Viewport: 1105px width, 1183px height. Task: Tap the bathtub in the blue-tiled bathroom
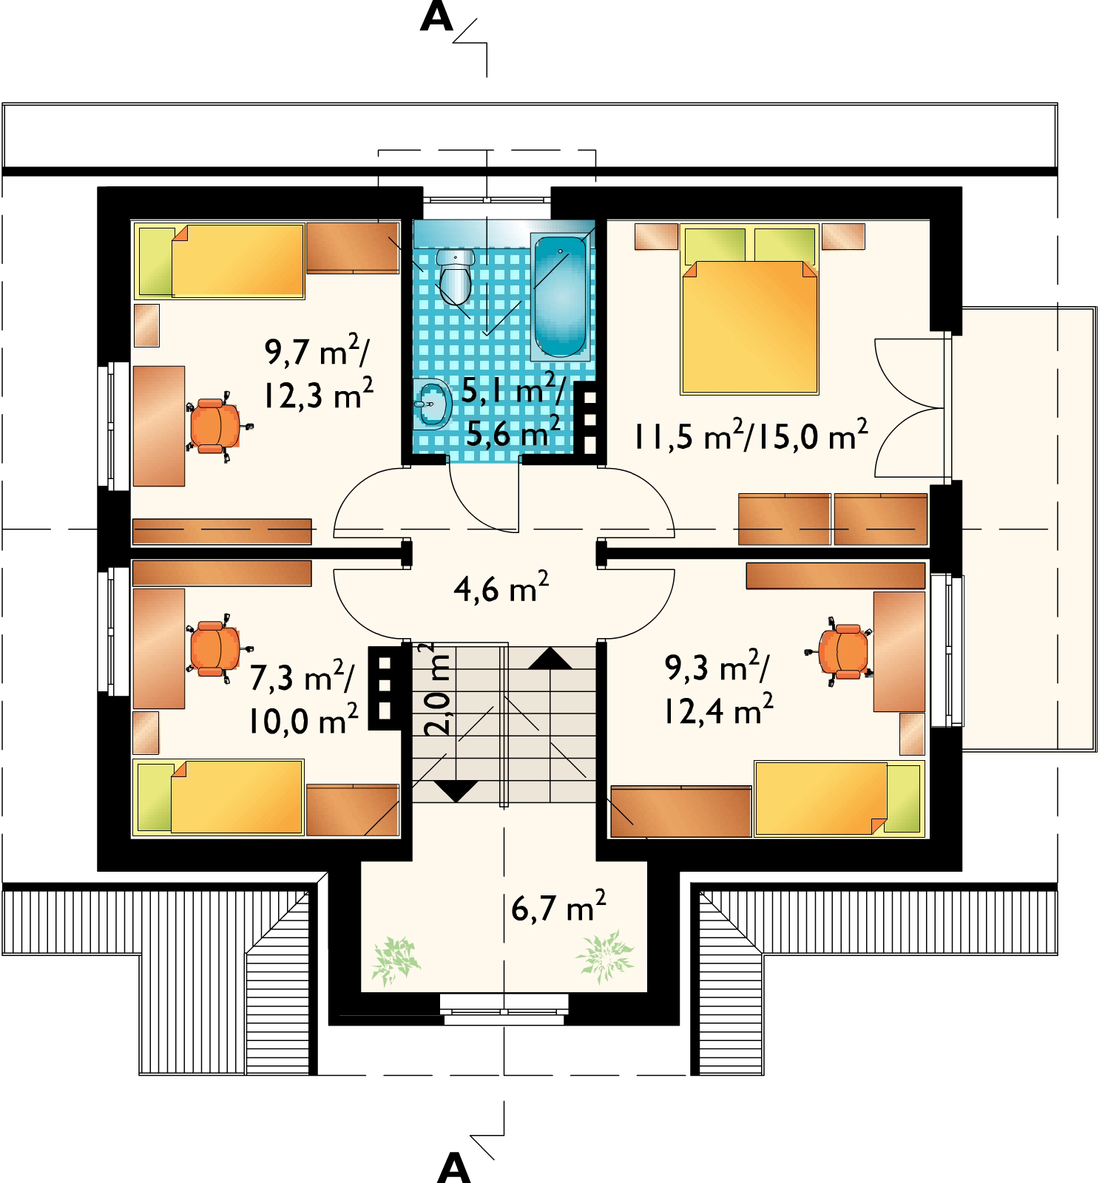click(x=560, y=296)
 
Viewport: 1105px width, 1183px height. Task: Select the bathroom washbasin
click(x=432, y=404)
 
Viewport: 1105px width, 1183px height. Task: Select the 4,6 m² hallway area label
click(x=500, y=590)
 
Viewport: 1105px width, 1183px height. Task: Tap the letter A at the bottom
click(x=453, y=1168)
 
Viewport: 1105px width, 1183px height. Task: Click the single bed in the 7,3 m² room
click(x=219, y=798)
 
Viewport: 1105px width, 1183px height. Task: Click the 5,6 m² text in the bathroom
click(x=510, y=432)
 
